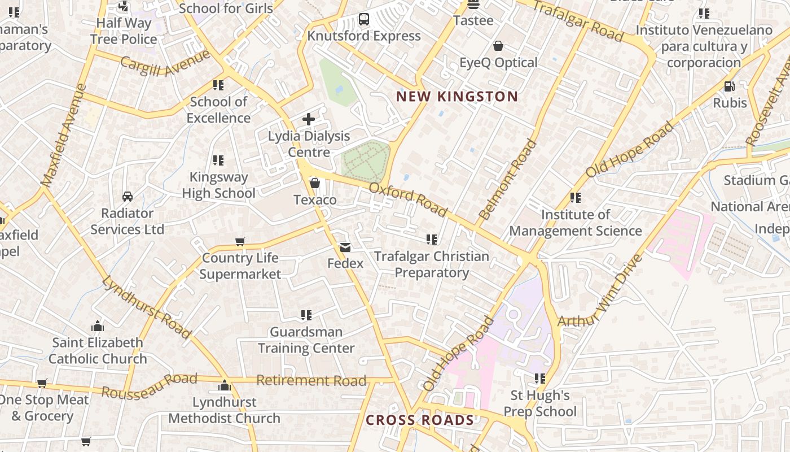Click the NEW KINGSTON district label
click(457, 96)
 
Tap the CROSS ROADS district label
click(420, 420)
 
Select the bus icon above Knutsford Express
click(364, 20)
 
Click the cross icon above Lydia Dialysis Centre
click(309, 119)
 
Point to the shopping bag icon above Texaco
click(315, 183)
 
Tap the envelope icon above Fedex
click(345, 247)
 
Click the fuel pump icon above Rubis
click(729, 86)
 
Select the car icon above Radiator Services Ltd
click(128, 197)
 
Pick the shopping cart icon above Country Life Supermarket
click(240, 242)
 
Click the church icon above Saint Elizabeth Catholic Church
click(98, 326)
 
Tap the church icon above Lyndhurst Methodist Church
click(225, 386)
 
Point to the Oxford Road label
click(409, 199)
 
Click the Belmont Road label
click(507, 180)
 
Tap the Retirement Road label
click(311, 380)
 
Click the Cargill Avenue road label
click(165, 63)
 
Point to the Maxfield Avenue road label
click(64, 135)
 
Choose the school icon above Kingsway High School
click(218, 160)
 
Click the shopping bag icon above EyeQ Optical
click(498, 46)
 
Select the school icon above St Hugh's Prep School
click(540, 378)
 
